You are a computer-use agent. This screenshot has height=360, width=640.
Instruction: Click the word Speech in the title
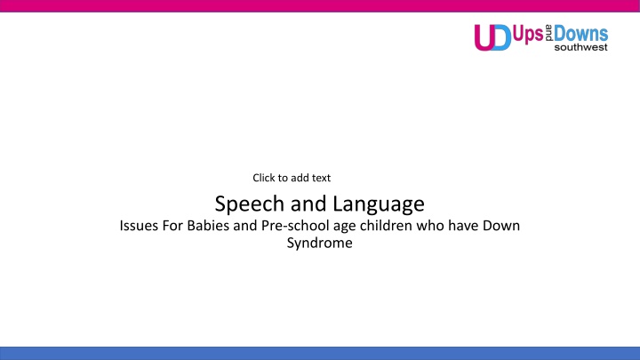tap(250, 204)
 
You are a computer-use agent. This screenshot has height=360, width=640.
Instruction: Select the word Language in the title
tap(379, 204)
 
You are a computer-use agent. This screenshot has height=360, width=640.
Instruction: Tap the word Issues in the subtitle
tap(139, 226)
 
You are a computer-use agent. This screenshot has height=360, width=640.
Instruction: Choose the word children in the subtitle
tap(386, 226)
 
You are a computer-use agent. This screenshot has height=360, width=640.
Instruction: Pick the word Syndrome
tap(320, 244)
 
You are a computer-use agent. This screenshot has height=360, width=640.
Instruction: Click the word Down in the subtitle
tap(501, 226)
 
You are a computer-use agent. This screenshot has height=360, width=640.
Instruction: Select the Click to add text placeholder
tap(292, 178)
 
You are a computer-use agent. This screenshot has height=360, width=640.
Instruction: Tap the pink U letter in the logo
tap(484, 37)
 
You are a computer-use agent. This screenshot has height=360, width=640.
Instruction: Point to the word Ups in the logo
tap(528, 35)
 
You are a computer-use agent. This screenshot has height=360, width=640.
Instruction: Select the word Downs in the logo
tap(580, 33)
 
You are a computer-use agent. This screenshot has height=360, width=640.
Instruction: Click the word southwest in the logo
tap(580, 47)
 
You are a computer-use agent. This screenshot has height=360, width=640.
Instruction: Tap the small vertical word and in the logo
tap(548, 33)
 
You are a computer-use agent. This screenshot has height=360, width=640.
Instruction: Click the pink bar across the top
tap(320, 5)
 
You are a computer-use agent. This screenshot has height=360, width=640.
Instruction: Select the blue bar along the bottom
tap(320, 354)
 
